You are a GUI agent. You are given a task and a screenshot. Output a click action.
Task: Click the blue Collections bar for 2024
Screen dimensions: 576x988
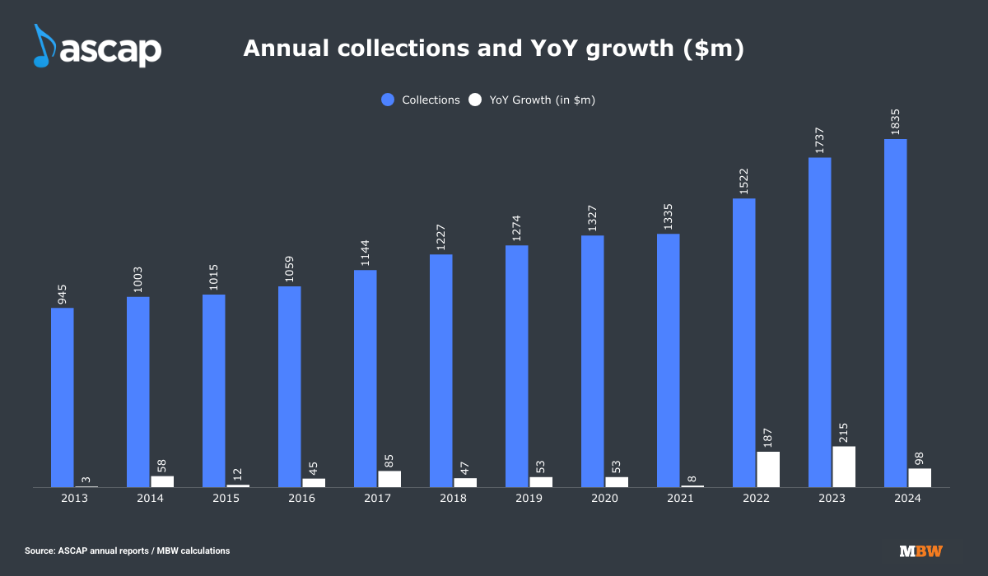(x=895, y=313)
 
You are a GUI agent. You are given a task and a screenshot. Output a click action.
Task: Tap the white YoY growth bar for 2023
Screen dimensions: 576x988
(x=844, y=467)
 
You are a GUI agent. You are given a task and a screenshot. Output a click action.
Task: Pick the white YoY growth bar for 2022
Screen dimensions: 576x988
(x=768, y=469)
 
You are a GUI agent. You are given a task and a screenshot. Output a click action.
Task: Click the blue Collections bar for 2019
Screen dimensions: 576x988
(x=517, y=366)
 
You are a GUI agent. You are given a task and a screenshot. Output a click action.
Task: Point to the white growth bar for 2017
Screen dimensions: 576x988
(x=389, y=479)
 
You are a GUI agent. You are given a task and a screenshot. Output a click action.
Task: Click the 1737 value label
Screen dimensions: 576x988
(x=819, y=136)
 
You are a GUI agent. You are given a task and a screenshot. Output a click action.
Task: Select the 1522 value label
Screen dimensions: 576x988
(x=743, y=177)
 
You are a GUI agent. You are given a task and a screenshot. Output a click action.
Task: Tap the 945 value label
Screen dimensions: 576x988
(x=62, y=294)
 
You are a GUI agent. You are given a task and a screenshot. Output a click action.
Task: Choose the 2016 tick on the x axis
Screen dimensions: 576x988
(x=290, y=498)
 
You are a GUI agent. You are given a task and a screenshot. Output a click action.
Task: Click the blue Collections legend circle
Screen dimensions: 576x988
(x=388, y=100)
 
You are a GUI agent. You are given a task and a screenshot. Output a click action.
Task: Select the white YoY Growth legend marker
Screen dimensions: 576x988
(x=475, y=100)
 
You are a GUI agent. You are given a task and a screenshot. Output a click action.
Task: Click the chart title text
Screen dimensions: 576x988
(x=493, y=49)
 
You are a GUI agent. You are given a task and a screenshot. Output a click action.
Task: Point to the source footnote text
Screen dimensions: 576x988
(x=128, y=550)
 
